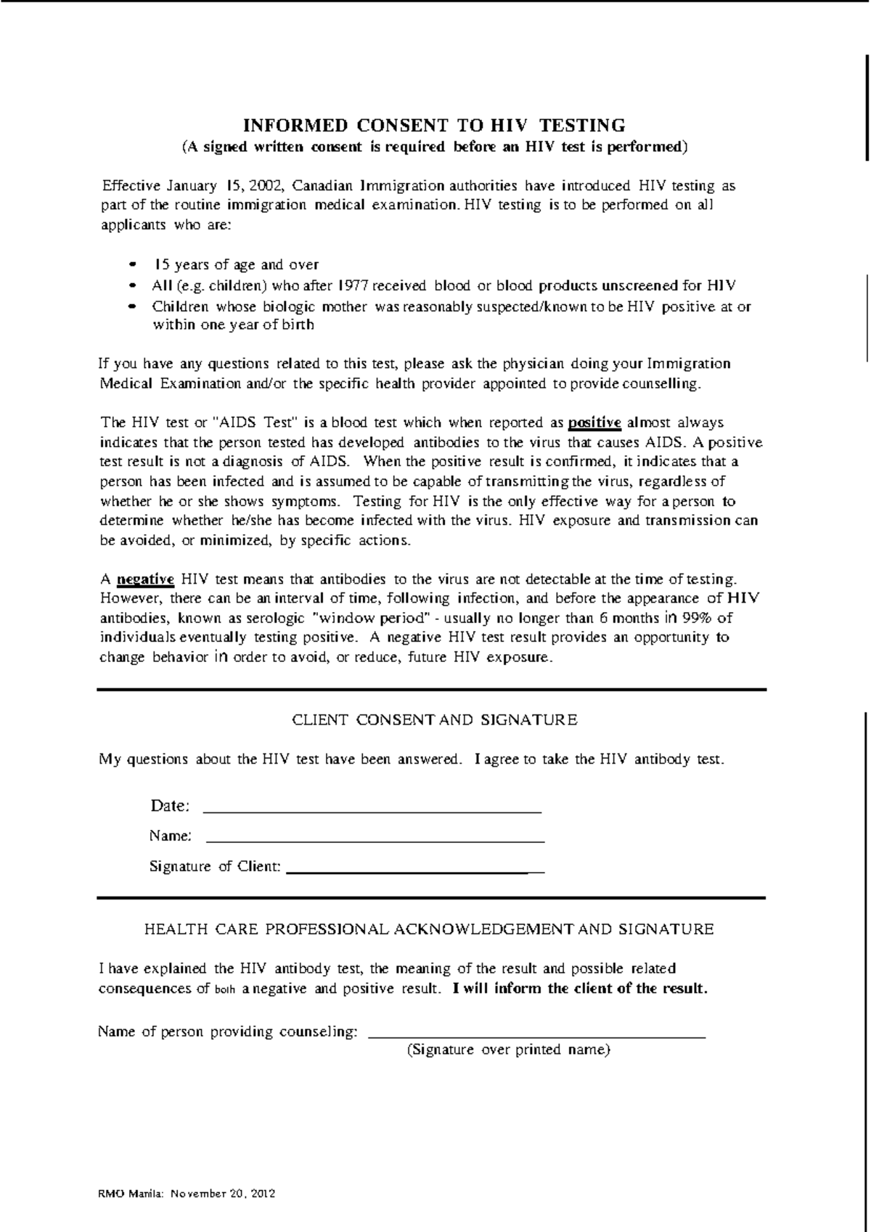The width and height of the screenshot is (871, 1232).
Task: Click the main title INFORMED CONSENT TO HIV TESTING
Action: pos(433,125)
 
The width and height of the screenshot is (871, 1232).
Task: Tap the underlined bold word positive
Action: pos(594,423)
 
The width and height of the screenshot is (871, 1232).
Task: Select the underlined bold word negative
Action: pos(146,579)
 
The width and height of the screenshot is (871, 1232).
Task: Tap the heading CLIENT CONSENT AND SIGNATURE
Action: pos(434,720)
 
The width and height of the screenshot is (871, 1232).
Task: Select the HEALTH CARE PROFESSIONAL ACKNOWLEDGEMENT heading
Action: pos(429,929)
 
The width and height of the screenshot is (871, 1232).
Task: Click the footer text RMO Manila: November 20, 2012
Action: pos(187,1193)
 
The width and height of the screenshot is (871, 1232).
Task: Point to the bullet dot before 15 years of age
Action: pos(131,265)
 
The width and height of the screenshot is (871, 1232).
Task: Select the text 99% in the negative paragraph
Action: pos(700,619)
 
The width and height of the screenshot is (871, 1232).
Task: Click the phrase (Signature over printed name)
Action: pos(508,1050)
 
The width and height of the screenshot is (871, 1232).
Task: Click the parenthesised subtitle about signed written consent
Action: pos(433,147)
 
